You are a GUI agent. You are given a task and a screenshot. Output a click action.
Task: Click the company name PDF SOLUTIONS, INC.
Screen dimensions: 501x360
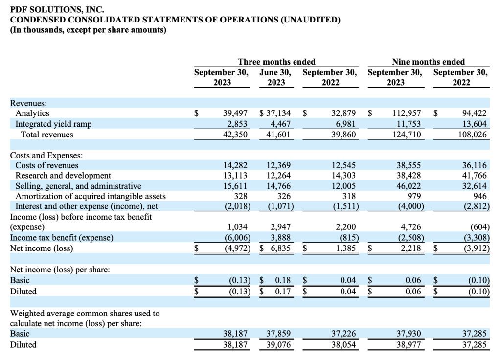tap(57, 9)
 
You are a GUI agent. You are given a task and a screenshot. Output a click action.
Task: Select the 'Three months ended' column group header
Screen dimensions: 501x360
tap(276, 61)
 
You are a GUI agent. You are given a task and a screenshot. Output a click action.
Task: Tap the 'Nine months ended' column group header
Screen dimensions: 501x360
tap(428, 61)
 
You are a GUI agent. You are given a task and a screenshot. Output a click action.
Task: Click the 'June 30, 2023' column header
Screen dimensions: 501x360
tap(275, 77)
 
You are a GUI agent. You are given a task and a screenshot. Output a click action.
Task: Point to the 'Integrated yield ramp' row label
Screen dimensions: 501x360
tap(53, 124)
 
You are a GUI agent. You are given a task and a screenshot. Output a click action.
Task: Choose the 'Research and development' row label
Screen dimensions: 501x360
tap(63, 176)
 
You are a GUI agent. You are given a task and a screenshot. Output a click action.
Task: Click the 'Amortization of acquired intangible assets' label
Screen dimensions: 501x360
tap(91, 196)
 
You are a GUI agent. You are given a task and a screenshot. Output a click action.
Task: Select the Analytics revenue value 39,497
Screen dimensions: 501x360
tap(235, 113)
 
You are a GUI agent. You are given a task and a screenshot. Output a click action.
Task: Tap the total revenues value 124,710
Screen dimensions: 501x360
tap(407, 135)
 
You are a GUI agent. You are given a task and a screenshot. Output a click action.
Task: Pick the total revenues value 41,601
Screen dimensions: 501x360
tap(278, 135)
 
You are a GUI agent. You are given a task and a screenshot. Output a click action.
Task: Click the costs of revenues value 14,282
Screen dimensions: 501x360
tap(235, 165)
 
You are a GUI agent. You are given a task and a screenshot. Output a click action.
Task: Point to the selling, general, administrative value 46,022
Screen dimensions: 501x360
tap(409, 186)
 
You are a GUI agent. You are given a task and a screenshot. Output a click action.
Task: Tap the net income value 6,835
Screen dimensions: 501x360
tap(280, 248)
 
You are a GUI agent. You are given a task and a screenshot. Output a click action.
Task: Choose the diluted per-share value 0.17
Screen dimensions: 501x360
tap(283, 292)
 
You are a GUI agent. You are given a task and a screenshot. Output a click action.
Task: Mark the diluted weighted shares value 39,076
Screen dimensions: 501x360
tap(278, 345)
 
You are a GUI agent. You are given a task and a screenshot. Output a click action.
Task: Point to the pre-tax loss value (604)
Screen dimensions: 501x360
tap(480, 227)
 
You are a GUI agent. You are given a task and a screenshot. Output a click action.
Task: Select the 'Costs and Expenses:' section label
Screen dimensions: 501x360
tap(46, 155)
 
